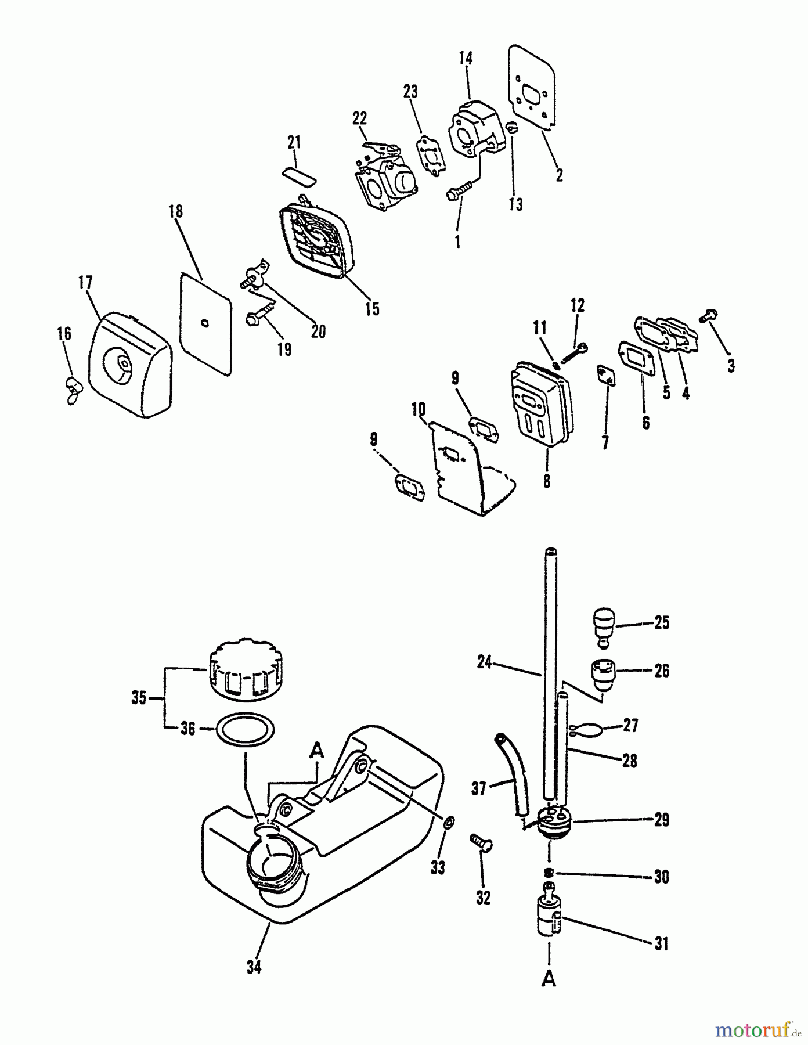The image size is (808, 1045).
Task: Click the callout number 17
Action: pyautogui.click(x=85, y=283)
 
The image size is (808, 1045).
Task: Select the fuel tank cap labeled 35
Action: pyautogui.click(x=247, y=669)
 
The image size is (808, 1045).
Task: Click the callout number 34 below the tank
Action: pyautogui.click(x=254, y=967)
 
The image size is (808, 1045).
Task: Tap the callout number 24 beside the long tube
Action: pyautogui.click(x=485, y=662)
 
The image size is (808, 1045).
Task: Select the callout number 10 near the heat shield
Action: pyautogui.click(x=419, y=410)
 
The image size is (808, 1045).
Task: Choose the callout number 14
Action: pyautogui.click(x=466, y=59)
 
